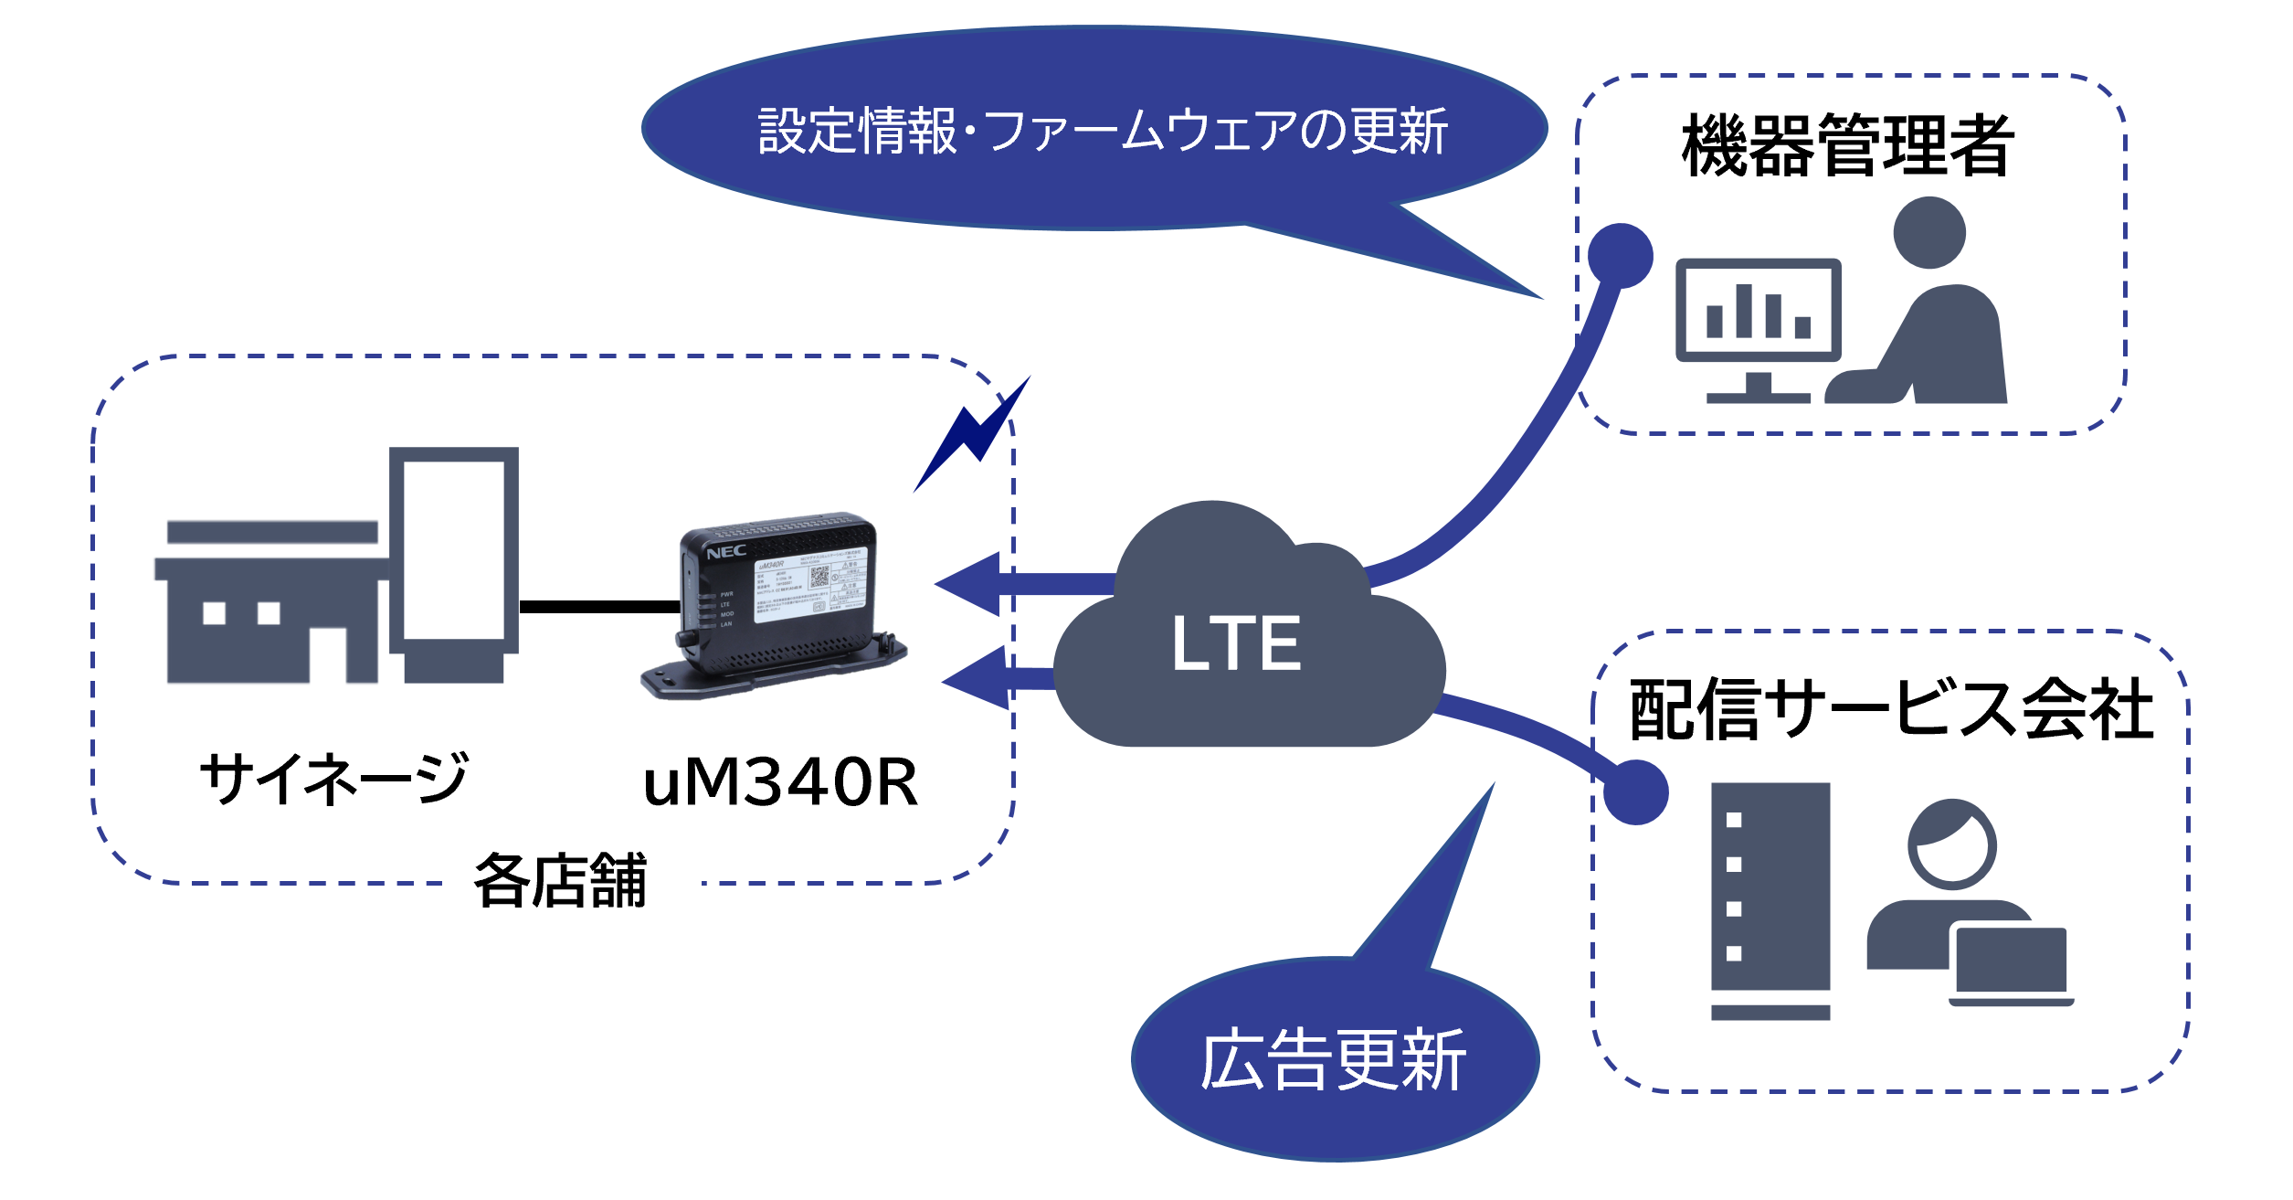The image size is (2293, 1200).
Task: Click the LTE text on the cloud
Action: [x=1235, y=643]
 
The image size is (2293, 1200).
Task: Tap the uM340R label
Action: [x=780, y=783]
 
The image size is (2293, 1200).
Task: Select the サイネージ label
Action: [x=334, y=779]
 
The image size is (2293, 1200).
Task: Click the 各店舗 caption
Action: [x=560, y=881]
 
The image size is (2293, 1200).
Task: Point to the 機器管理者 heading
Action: [x=1847, y=146]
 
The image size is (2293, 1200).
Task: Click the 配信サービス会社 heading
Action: [x=1892, y=709]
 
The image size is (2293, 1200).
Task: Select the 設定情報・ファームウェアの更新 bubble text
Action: [x=1103, y=131]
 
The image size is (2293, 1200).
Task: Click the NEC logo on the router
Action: [x=726, y=552]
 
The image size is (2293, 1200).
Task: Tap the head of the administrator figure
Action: [x=1929, y=233]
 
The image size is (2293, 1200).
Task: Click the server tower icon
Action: [x=1770, y=899]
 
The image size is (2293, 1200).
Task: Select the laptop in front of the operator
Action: [x=2010, y=965]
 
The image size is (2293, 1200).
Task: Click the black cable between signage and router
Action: [x=599, y=607]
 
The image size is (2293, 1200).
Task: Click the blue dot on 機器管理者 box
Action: [x=1621, y=256]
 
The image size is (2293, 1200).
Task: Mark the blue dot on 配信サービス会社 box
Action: [x=1635, y=791]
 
